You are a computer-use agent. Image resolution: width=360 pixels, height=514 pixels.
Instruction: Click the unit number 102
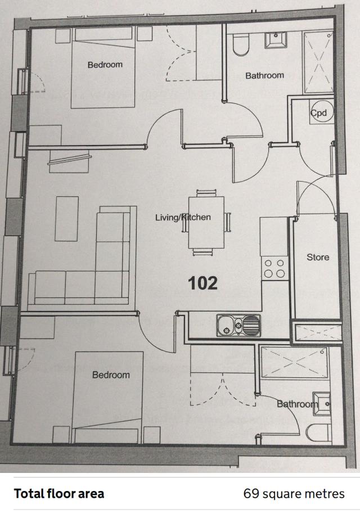point(202,283)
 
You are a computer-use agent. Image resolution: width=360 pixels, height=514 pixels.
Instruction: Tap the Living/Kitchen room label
point(183,217)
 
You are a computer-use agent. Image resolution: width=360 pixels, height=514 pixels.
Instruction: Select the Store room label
point(318,258)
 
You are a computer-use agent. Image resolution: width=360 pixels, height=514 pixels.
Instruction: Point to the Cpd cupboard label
point(319,113)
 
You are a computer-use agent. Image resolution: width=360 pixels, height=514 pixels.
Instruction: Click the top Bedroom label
point(105,65)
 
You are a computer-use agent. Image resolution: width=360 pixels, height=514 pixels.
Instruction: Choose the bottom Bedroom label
point(111,375)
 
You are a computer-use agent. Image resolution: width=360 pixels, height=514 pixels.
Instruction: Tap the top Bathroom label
point(264,75)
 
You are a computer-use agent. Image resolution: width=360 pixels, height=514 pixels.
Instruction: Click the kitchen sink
point(238,326)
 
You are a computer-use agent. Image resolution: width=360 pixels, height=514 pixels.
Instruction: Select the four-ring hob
point(274,268)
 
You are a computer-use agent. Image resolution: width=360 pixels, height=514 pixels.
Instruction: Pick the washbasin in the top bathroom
point(276,40)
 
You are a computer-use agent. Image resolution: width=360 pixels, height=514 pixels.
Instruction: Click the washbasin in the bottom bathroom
point(322,404)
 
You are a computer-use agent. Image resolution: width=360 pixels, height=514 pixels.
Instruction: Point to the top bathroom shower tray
point(318,62)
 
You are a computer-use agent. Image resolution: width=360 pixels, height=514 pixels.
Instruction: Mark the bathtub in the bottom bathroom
point(294,363)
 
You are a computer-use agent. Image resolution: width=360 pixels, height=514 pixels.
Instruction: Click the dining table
point(206,222)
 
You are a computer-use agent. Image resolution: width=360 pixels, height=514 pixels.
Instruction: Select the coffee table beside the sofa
point(67,219)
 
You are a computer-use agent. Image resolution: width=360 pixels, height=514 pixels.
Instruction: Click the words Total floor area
point(59,493)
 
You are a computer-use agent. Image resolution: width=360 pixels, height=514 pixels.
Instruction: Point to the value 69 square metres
point(294,494)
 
